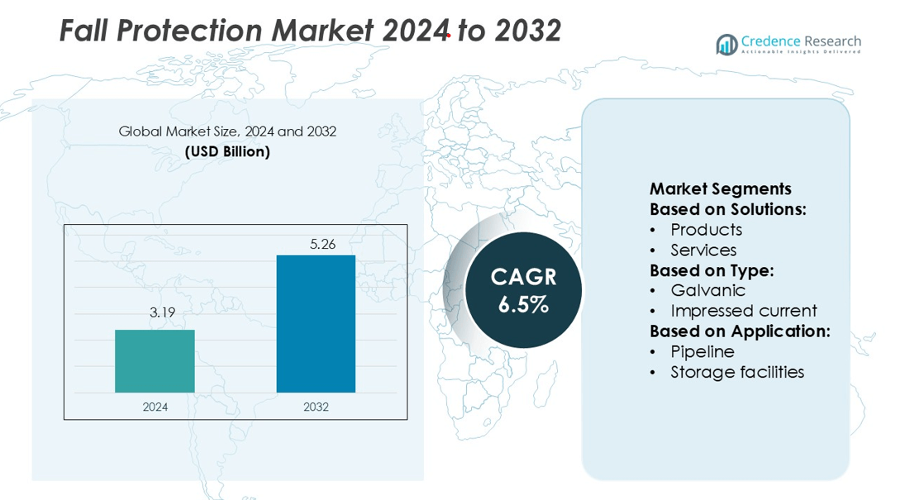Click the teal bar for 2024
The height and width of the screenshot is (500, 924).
(x=155, y=361)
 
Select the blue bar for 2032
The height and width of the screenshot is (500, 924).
(x=316, y=324)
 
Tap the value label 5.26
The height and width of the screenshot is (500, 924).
(x=316, y=244)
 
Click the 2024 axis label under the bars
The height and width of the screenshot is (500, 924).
(x=155, y=407)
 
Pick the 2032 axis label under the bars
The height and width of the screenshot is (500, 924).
(x=316, y=407)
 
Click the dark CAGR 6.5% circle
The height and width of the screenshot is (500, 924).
(x=523, y=290)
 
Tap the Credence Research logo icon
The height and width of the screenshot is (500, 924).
(x=727, y=45)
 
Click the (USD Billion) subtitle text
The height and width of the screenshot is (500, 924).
(x=227, y=152)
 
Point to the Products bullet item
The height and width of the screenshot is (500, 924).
(x=706, y=230)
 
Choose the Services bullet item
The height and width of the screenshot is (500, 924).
(x=703, y=250)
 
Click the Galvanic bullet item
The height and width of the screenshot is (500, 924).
(x=707, y=290)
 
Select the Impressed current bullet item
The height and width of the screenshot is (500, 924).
(x=743, y=311)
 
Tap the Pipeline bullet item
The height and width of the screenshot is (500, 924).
(x=702, y=351)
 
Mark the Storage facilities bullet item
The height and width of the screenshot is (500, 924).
(x=737, y=372)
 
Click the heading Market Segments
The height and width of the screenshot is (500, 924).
(x=720, y=189)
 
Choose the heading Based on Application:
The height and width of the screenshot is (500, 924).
(x=740, y=331)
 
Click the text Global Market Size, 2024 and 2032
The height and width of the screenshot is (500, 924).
(x=227, y=131)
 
